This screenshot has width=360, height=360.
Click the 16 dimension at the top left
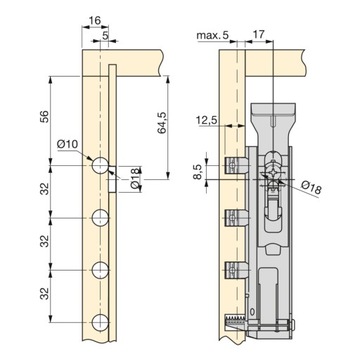[x=95, y=21]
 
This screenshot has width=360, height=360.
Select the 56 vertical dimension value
[x=44, y=116]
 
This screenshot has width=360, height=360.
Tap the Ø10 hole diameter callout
[x=67, y=144]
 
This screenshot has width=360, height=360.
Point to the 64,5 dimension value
[x=162, y=123]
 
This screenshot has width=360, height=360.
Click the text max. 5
[x=213, y=35]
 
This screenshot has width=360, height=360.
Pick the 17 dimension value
[x=259, y=34]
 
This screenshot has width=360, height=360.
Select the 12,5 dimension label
[x=207, y=119]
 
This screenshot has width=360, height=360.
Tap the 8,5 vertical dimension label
[x=198, y=172]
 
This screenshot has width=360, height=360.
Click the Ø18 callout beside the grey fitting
[x=313, y=188]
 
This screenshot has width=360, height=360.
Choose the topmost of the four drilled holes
[x=100, y=165]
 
